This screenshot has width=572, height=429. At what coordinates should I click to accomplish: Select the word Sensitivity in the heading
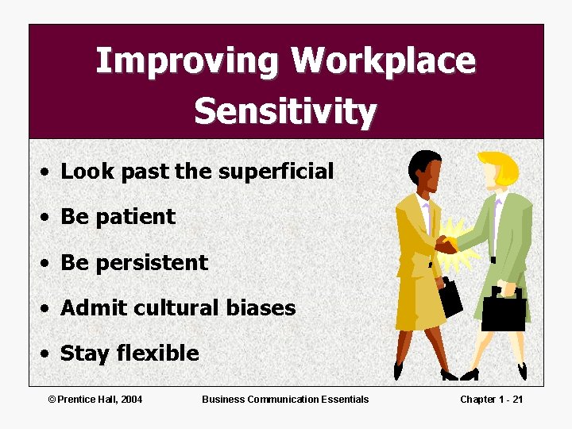click(x=285, y=111)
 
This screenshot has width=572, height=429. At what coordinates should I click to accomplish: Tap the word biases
click(x=259, y=308)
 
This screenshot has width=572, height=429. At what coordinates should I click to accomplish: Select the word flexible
click(x=158, y=354)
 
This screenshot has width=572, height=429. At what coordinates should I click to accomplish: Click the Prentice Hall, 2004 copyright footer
click(x=95, y=399)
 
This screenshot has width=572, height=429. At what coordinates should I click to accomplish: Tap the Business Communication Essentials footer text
click(x=285, y=399)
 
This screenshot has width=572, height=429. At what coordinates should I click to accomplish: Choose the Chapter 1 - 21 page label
click(x=491, y=399)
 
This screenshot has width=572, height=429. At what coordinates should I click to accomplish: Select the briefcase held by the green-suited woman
click(x=504, y=309)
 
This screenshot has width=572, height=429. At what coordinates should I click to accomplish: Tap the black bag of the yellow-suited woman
click(x=450, y=296)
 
